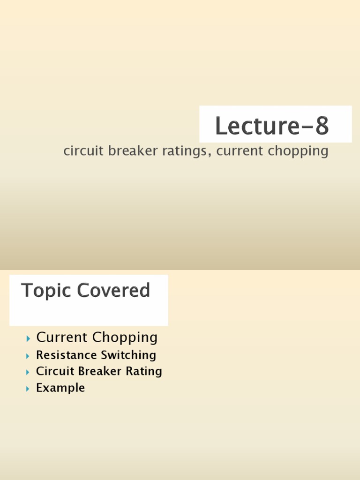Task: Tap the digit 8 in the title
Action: point(322,127)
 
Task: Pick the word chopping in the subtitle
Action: point(300,151)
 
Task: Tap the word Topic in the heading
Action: point(46,291)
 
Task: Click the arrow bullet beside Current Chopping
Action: point(29,338)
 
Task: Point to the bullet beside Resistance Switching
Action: point(29,356)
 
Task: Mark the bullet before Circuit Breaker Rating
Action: point(29,372)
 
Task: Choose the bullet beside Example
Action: point(29,389)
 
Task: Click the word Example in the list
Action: point(60,388)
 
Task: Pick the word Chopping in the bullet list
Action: point(125,337)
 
